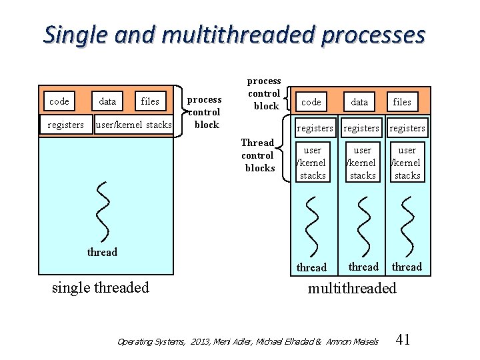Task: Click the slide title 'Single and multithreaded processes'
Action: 234,34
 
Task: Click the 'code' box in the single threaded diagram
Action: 59,101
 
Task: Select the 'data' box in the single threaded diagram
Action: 107,101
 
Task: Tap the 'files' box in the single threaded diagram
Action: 150,101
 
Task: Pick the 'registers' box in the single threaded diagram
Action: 66,125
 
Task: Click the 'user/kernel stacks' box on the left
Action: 134,125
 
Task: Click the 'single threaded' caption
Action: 101,287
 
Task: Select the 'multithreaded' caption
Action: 351,288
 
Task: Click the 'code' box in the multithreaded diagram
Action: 311,102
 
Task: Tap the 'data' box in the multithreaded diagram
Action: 359,102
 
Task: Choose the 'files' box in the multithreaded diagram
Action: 402,102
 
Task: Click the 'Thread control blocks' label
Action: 259,155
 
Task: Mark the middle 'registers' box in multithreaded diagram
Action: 361,128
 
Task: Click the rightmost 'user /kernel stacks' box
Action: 407,163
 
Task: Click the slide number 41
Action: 403,340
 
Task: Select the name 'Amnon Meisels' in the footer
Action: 352,341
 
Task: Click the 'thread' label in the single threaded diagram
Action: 102,252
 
